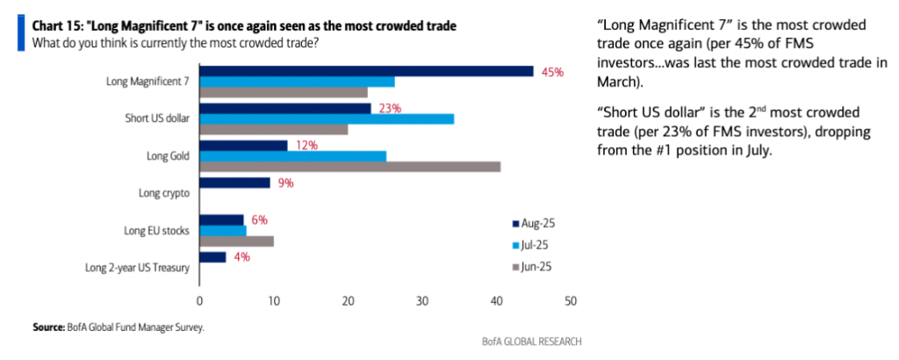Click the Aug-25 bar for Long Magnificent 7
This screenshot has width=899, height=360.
pos(366,71)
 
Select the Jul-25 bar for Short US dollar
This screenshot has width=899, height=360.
pos(327,119)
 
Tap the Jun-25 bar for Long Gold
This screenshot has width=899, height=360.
pos(350,166)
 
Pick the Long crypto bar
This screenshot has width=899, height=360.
pos(234,183)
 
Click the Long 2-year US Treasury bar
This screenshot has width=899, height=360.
pos(212,257)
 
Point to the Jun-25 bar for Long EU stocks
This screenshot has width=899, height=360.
pos(236,241)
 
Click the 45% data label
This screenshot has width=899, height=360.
pos(552,72)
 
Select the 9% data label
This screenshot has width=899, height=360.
pos(284,184)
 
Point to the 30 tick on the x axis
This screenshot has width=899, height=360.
pos(422,301)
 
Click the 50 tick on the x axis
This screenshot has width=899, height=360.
pos(571,301)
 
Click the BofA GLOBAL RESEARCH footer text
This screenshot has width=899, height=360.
pos(531,341)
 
